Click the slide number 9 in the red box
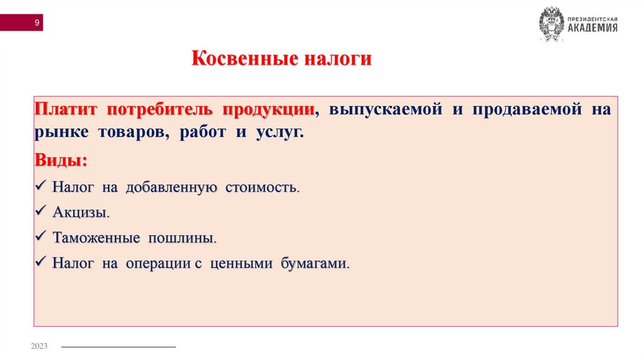pyautogui.click(x=37, y=23)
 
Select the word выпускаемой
pyautogui.click(x=380, y=110)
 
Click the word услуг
pyautogui.click(x=278, y=133)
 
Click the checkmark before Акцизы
pyautogui.click(x=42, y=211)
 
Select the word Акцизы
pyautogui.click(x=81, y=213)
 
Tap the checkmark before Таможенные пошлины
pyautogui.click(x=42, y=237)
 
